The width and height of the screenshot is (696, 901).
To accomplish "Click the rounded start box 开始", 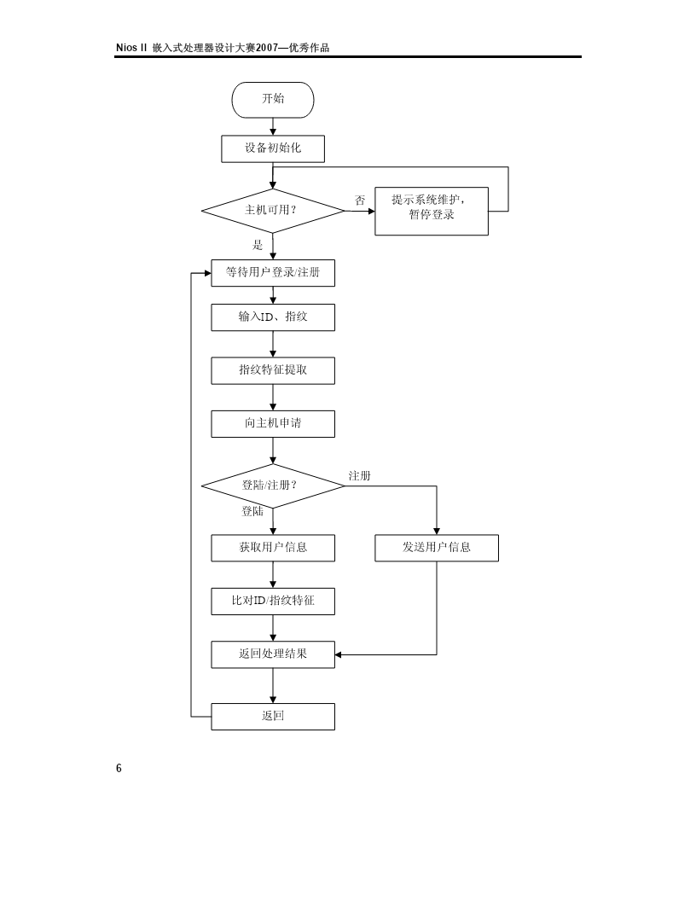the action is [x=273, y=100].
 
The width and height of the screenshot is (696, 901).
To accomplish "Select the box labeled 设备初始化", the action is [x=273, y=148].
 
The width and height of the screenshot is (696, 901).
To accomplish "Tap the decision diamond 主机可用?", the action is [x=273, y=211].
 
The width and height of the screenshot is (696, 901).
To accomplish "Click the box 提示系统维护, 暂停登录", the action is [x=432, y=211].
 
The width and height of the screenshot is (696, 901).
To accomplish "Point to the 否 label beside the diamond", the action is [x=359, y=200].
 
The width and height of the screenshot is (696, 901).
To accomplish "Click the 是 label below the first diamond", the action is [x=258, y=245].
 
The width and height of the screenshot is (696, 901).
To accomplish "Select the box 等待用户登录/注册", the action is [x=273, y=273].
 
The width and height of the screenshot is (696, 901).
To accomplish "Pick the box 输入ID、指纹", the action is [x=273, y=317].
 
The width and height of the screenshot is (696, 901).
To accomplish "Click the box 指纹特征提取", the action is [x=273, y=370].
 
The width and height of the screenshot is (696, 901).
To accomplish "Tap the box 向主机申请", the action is [x=273, y=424].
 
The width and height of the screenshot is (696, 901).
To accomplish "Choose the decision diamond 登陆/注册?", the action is [x=273, y=486].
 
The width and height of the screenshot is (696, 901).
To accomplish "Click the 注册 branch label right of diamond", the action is [x=359, y=476].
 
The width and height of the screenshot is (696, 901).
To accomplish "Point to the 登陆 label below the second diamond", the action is [x=252, y=511].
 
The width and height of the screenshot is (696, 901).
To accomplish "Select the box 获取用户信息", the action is [x=273, y=548].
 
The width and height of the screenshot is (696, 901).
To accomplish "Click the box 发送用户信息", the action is [x=437, y=548].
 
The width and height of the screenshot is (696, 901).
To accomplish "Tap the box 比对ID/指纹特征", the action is [x=273, y=602].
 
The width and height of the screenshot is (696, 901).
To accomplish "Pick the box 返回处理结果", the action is [x=273, y=654].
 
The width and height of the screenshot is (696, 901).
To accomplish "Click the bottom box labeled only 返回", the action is [x=273, y=717].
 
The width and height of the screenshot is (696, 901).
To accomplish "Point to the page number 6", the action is [x=119, y=768].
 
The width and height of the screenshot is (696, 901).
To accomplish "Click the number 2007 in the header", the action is [x=267, y=48].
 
